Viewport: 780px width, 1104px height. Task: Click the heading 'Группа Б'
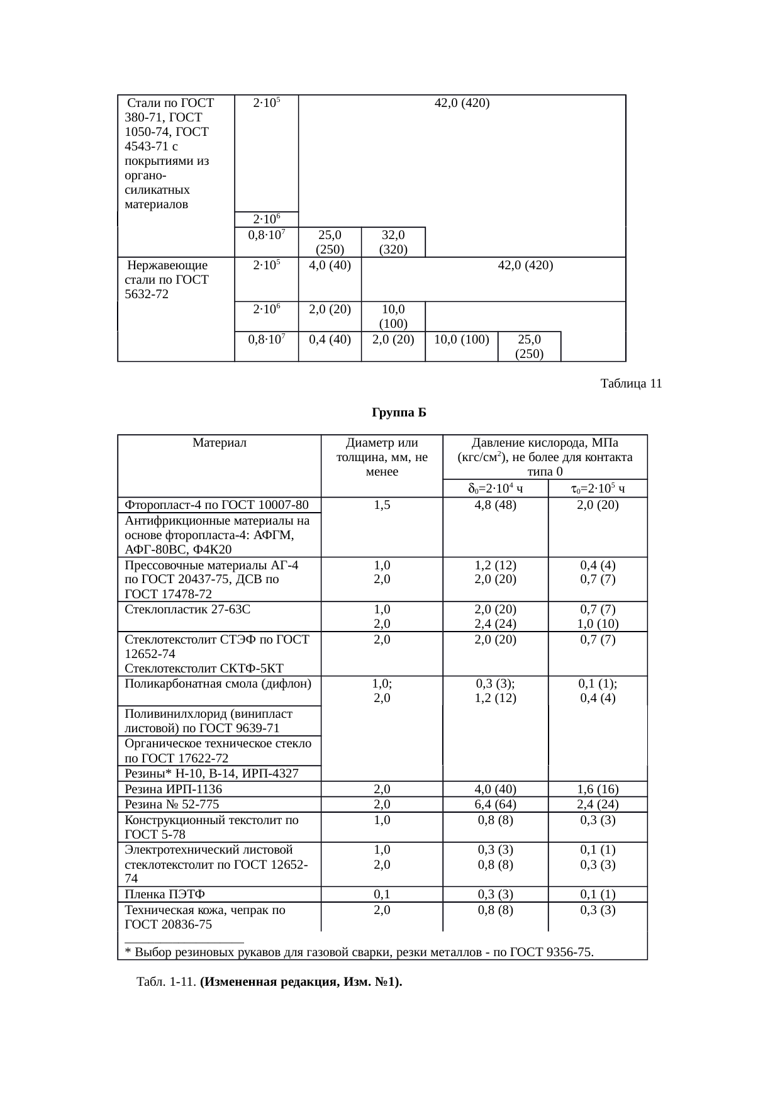[x=399, y=413]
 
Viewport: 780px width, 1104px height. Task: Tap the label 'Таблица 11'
[x=631, y=383]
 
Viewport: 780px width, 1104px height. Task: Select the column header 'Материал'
[x=220, y=443]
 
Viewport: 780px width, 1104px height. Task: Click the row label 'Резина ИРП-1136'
[x=174, y=789]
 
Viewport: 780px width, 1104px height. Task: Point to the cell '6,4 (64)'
[x=496, y=804]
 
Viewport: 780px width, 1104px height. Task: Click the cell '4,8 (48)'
[x=496, y=505]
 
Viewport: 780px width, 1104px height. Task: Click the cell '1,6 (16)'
[x=598, y=789]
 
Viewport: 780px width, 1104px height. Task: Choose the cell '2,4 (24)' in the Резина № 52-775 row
[x=598, y=804]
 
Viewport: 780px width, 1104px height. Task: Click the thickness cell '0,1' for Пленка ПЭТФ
[x=382, y=895]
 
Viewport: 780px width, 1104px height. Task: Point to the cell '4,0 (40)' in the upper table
[x=330, y=265]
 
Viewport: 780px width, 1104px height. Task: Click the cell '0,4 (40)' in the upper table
[x=330, y=340]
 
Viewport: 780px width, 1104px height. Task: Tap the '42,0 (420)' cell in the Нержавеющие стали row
[x=525, y=265]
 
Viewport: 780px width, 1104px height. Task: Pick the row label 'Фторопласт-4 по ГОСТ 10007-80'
[x=217, y=505]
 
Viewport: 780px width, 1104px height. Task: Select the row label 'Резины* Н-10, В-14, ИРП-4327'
[x=212, y=773]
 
